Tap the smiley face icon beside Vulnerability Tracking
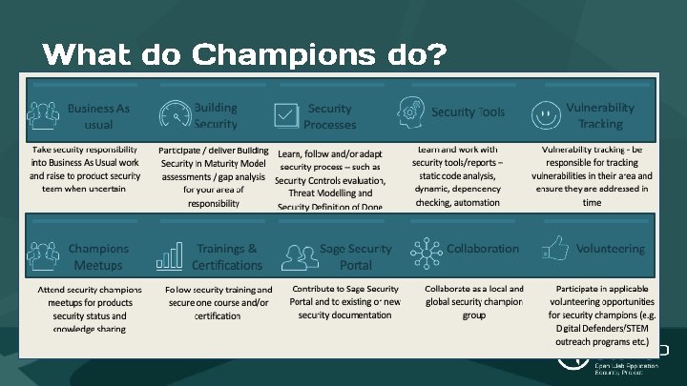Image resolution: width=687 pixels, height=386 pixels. [x=545, y=115]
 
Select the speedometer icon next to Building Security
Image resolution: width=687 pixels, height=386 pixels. [x=175, y=115]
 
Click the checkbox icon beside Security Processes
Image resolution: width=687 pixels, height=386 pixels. [x=286, y=116]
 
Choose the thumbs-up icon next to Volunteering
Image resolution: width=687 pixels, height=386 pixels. [x=554, y=250]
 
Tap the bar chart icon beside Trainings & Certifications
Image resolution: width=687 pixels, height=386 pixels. [x=170, y=254]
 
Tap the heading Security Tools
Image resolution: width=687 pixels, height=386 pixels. [x=468, y=112]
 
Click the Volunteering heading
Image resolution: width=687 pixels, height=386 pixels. [x=610, y=249]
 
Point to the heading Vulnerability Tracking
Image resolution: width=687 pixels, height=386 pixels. [x=600, y=116]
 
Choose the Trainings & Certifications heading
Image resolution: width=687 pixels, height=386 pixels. [x=226, y=256]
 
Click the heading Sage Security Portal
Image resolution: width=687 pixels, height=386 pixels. [x=356, y=256]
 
